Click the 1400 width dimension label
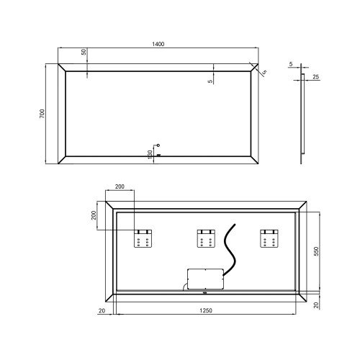[x=158, y=44]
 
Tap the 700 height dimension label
[x=42, y=114]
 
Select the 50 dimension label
[x=84, y=52]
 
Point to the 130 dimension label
[x=150, y=155]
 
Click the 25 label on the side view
[x=316, y=77]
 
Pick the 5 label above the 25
[x=291, y=64]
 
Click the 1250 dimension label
[x=206, y=310]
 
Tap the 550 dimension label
[x=316, y=251]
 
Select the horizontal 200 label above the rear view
[x=120, y=186]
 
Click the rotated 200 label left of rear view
[x=94, y=215]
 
